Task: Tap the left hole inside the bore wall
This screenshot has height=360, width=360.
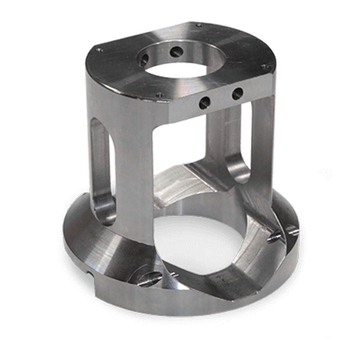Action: click(x=144, y=60)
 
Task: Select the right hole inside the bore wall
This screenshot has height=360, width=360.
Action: click(x=176, y=52)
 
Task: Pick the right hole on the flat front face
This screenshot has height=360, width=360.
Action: click(x=237, y=93)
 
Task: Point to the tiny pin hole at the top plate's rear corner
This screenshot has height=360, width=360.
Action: click(x=199, y=25)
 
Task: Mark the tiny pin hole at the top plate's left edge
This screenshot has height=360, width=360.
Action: click(x=99, y=50)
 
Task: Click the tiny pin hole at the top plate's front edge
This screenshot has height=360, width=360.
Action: click(x=161, y=95)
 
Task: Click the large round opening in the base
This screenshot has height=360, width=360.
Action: click(x=200, y=243)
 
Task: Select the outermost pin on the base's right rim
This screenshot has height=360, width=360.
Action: click(x=292, y=230)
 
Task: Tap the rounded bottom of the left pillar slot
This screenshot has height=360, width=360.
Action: click(x=105, y=210)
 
